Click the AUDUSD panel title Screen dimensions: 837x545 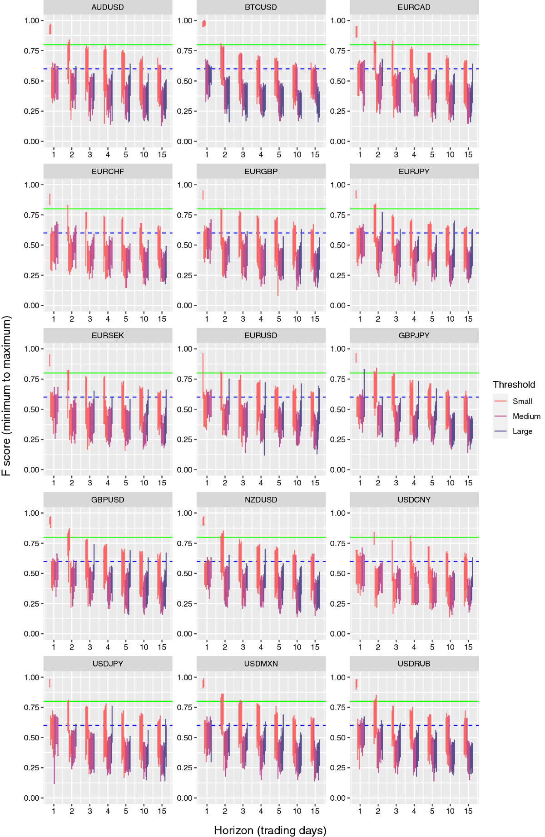pos(108,7)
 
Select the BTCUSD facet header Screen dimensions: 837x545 pos(261,7)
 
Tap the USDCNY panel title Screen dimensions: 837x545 pos(414,499)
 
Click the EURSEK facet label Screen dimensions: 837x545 pos(108,335)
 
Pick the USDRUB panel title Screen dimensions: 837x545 pos(414,664)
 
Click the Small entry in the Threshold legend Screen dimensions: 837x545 pos(522,401)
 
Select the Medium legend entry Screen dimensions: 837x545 pos(526,416)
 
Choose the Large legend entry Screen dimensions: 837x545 pos(522,431)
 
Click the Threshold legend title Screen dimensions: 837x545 pos(514,385)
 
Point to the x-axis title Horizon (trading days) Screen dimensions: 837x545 pos(270,830)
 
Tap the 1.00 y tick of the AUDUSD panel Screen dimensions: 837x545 pos(31,20)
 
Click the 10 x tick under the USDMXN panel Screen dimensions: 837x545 pos(297,811)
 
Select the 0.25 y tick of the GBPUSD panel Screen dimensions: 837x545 pos(31,603)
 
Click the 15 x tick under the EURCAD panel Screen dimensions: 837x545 pos(468,154)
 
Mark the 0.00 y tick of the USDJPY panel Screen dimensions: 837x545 pos(31,798)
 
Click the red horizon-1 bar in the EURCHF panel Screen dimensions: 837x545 pos(50,199)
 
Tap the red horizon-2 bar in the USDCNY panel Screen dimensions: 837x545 pos(374,538)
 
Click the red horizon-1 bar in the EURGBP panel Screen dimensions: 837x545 pos(203,195)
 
